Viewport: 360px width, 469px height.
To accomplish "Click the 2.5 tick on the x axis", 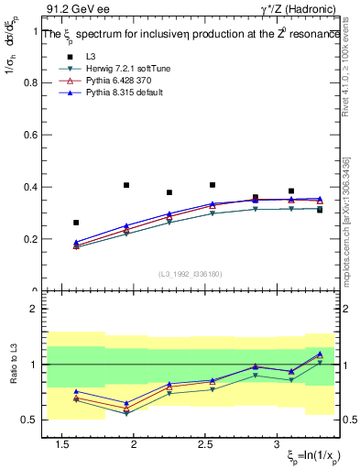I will pyautogui.click(x=205, y=443).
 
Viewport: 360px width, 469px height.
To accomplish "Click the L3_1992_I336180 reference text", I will pyautogui.click(x=191, y=274).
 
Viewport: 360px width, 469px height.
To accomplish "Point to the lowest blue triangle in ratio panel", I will pyautogui.click(x=126, y=403).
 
